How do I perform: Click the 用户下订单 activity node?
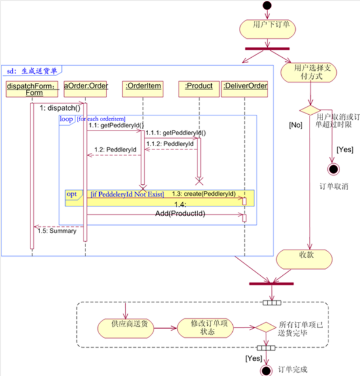pos(267,28)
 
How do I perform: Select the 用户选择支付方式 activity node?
pos(309,72)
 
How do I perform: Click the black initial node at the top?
pos(267,5)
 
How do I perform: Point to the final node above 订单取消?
pos(333,169)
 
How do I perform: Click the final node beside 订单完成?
pos(266,370)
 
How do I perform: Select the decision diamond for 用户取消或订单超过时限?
pos(310,110)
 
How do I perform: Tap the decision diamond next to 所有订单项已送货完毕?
pos(266,327)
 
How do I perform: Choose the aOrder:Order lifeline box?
pos(86,86)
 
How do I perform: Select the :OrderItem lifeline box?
pos(143,86)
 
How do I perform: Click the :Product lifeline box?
pos(199,86)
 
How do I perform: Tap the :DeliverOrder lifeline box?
pos(245,86)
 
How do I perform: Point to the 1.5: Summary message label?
pos(57,231)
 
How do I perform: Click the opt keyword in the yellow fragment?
pos(71,193)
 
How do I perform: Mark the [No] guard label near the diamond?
pos(295,125)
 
